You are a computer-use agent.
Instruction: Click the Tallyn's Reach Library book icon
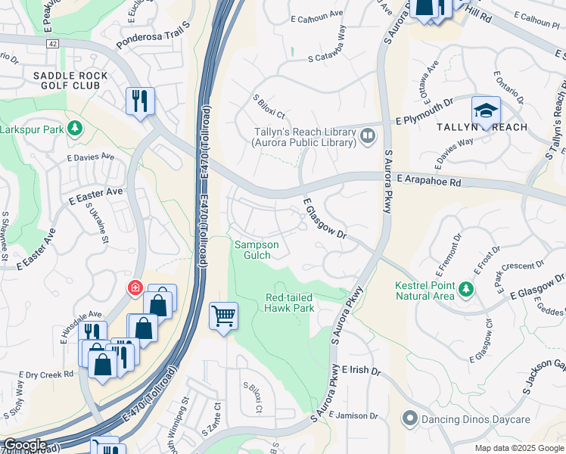coord(368,135)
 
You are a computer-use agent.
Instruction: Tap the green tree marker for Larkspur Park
coord(75,128)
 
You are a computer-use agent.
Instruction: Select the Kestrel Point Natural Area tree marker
coord(466,288)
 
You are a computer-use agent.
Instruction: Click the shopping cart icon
coord(224,316)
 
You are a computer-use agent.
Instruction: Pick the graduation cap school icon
coord(485,110)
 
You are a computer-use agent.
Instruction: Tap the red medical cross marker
coord(135,288)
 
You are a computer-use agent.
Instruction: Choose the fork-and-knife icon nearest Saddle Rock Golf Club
coord(140,101)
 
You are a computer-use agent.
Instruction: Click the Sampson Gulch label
coord(257,250)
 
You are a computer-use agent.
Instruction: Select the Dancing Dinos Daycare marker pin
coord(410,417)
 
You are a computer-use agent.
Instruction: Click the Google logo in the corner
coord(25,445)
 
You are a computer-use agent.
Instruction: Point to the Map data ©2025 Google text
coord(519,448)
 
